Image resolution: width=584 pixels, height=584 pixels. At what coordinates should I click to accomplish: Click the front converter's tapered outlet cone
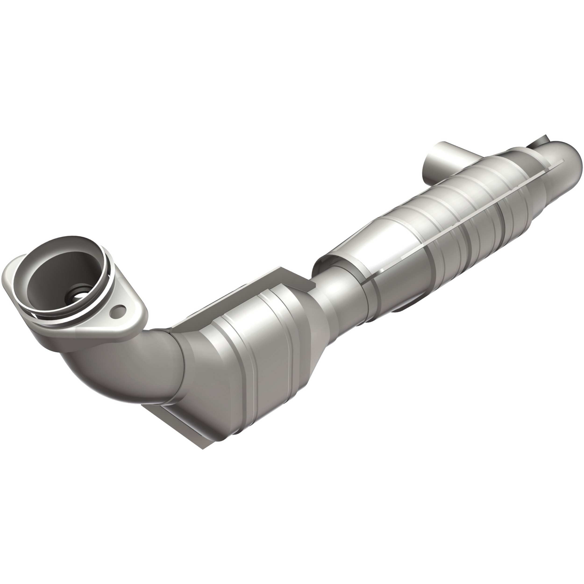pyautogui.click(x=314, y=305)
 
